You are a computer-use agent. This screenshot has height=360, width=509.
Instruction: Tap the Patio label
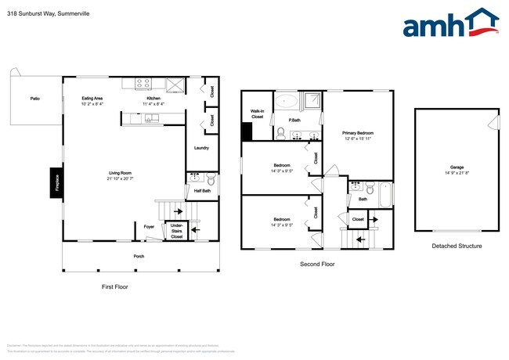tap(34, 99)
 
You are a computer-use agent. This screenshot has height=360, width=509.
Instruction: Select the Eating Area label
tap(92, 99)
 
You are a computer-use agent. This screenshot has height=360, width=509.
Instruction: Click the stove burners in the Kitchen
tap(143, 83)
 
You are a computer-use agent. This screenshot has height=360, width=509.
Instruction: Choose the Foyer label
tap(148, 228)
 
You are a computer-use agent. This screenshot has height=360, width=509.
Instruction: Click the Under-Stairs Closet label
tap(177, 230)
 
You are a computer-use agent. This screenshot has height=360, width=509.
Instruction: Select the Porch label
tap(139, 256)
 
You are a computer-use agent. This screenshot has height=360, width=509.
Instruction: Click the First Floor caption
tap(114, 286)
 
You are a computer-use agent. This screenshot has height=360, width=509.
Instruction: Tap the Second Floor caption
tap(317, 264)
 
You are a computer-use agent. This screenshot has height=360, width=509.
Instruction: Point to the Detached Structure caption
tap(457, 246)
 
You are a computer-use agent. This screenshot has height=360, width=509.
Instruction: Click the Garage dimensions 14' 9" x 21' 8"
tap(457, 173)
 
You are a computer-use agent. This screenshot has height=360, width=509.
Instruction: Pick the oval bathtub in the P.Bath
tap(285, 101)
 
